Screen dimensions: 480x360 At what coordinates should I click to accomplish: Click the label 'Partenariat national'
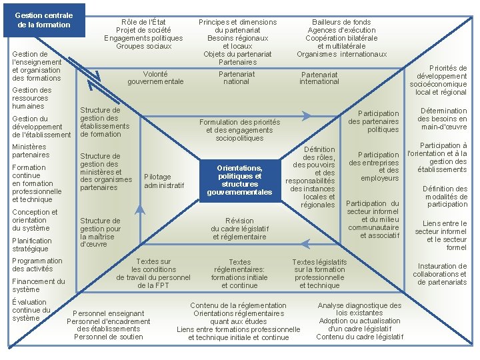[x=237, y=77]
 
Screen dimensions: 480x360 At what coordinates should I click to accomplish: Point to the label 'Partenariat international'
[x=319, y=78]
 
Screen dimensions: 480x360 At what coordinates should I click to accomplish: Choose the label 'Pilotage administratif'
[x=164, y=181]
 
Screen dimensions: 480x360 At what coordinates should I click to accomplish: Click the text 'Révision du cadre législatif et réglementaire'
[x=239, y=229]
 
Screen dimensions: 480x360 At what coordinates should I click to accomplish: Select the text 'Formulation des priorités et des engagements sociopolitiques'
[x=239, y=130]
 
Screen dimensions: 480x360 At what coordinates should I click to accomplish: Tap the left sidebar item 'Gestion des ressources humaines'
[x=31, y=98]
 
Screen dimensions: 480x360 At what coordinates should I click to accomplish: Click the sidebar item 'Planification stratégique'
[x=31, y=245]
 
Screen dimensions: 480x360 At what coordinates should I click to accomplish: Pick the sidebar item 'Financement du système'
[x=38, y=285]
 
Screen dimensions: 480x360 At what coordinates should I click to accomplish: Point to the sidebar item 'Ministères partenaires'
[x=31, y=151]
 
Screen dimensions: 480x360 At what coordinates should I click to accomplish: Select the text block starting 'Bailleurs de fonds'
[x=341, y=38]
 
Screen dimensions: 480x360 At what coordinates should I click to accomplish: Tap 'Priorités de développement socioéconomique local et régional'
[x=438, y=81]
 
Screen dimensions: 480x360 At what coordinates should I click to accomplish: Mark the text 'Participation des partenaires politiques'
[x=373, y=121]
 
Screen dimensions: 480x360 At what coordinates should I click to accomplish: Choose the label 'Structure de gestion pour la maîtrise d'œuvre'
[x=100, y=232]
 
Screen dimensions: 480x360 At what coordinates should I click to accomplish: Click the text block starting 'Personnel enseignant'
[x=108, y=325]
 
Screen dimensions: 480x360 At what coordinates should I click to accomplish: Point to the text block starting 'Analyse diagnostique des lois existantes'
[x=359, y=321]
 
